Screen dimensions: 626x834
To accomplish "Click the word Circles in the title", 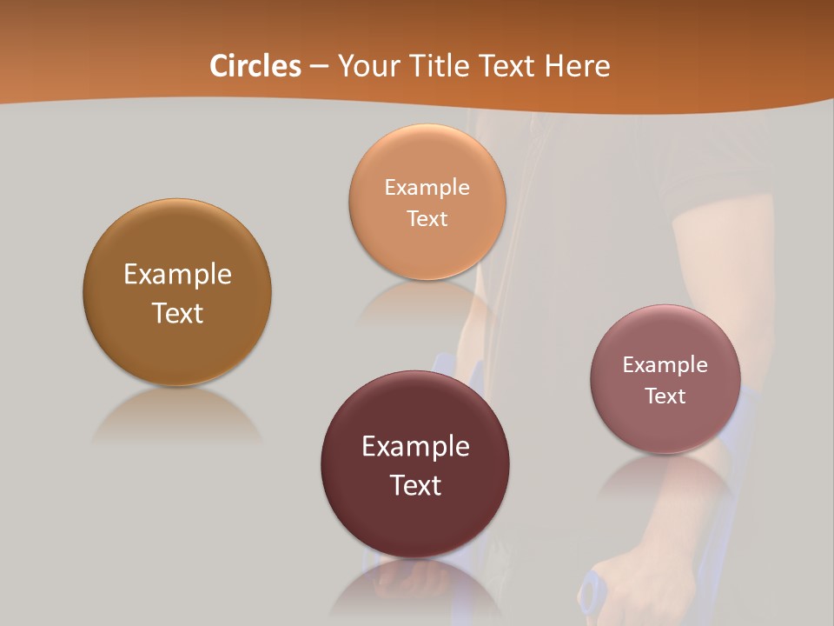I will (x=255, y=66).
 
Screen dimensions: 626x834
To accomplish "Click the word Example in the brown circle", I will (x=177, y=275).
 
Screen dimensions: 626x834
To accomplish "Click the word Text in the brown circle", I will (x=177, y=313).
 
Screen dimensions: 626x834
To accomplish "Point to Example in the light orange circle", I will (x=427, y=188).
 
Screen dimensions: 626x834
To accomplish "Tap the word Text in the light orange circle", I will (x=427, y=218).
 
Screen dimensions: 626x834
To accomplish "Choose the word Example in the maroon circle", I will (x=415, y=447).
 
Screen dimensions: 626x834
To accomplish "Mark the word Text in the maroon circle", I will (x=415, y=485).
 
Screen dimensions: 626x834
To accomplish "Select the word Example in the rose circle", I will (x=665, y=365).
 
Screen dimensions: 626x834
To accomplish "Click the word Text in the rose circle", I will (x=665, y=396).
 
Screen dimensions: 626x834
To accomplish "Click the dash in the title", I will (x=319, y=67).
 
